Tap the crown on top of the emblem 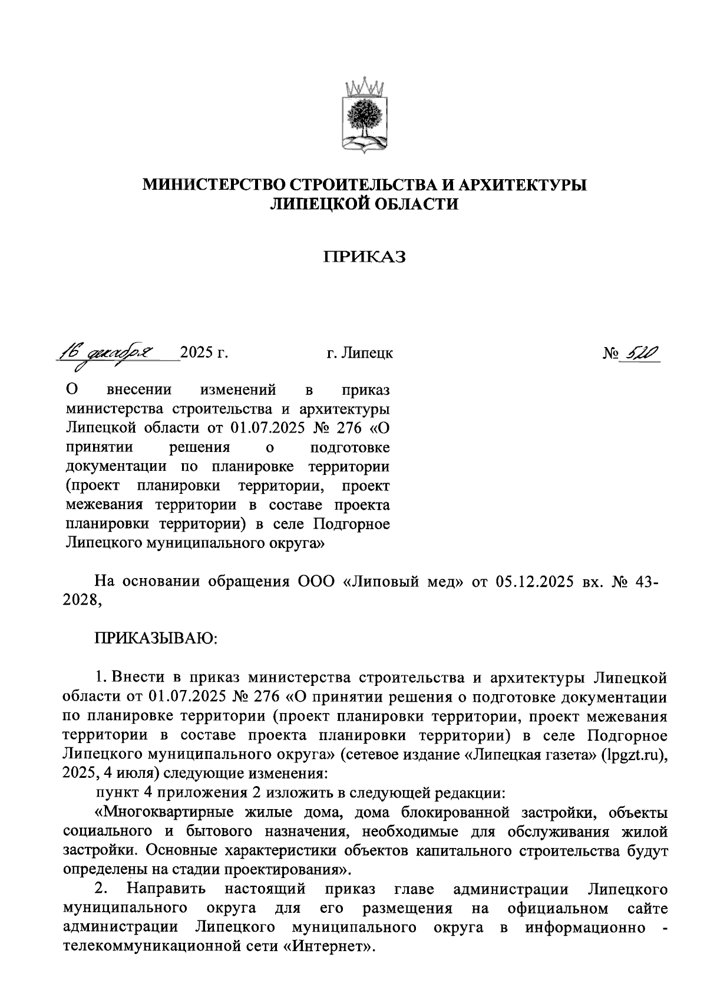[x=365, y=87]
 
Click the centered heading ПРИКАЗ [x=365, y=257]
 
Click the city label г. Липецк [x=360, y=354]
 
